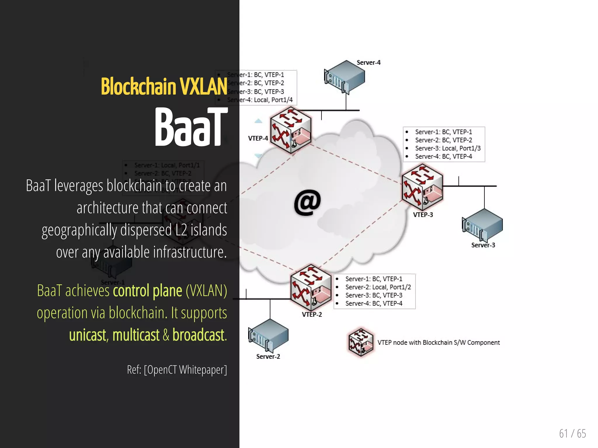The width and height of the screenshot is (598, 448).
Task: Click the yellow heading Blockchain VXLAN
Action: pyautogui.click(x=164, y=86)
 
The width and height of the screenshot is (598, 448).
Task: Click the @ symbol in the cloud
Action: pyautogui.click(x=307, y=202)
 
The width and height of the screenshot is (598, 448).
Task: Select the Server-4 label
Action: pyautogui.click(x=368, y=62)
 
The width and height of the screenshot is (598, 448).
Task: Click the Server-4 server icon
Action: pyautogui.click(x=345, y=76)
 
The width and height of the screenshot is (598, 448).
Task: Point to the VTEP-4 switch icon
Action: pyautogui.click(x=290, y=130)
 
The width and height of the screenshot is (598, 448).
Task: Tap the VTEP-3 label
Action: pyautogui.click(x=423, y=215)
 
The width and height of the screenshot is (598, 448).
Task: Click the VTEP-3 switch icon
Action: pyautogui.click(x=422, y=187)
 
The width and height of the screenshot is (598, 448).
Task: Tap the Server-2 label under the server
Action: pyautogui.click(x=268, y=356)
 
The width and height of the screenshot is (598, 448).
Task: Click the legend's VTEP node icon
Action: pyautogui.click(x=361, y=342)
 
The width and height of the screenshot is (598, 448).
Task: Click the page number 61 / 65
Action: pyautogui.click(x=572, y=433)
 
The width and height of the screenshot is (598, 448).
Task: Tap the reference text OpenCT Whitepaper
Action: pyautogui.click(x=185, y=370)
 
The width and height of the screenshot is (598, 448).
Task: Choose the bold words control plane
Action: pyautogui.click(x=147, y=290)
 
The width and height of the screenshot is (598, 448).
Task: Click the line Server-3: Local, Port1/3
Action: pyautogui.click(x=448, y=148)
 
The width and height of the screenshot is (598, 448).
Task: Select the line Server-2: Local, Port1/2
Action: pyautogui.click(x=378, y=287)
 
